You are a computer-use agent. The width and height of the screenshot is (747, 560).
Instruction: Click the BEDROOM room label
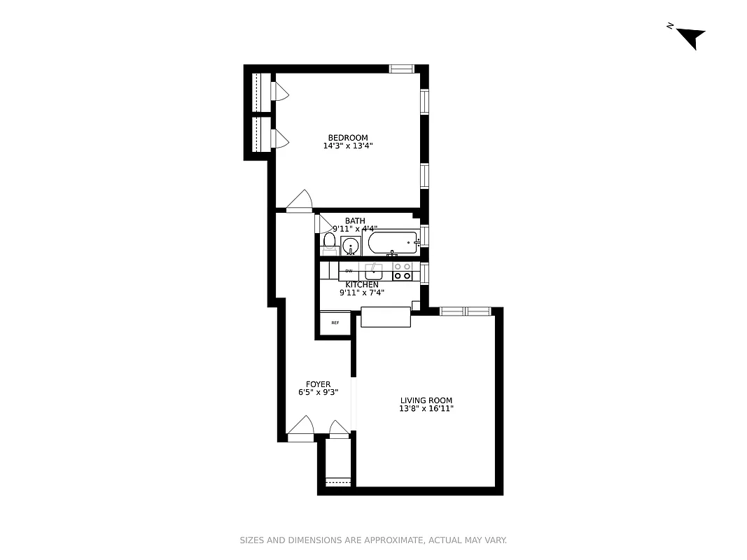[x=348, y=138]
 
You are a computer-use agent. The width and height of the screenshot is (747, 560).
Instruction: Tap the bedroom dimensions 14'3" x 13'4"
[x=348, y=146]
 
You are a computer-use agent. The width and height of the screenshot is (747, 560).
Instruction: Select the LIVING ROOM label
[x=426, y=400]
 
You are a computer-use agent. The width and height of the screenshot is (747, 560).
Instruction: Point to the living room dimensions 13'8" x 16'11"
[x=426, y=409]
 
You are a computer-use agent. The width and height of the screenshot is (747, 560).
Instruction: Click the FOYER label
[x=318, y=384]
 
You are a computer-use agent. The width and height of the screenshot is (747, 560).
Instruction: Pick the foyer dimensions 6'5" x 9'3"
[x=318, y=393]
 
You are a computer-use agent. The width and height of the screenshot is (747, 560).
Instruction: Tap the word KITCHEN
[x=362, y=285]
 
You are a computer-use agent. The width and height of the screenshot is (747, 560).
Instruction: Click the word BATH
[x=355, y=221]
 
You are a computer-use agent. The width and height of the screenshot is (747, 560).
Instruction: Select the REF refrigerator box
[x=335, y=323]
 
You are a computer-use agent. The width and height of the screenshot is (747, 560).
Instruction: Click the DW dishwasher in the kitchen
[x=349, y=270]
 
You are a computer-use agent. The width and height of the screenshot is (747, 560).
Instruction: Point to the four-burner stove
[x=402, y=271]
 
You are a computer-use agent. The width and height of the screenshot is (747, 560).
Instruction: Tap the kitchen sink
[x=374, y=270]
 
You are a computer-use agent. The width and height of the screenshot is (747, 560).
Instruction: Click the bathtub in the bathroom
[x=393, y=244]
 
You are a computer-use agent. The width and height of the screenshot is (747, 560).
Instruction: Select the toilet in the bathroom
[x=329, y=242]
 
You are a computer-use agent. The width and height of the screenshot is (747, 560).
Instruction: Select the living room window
[x=465, y=311]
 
